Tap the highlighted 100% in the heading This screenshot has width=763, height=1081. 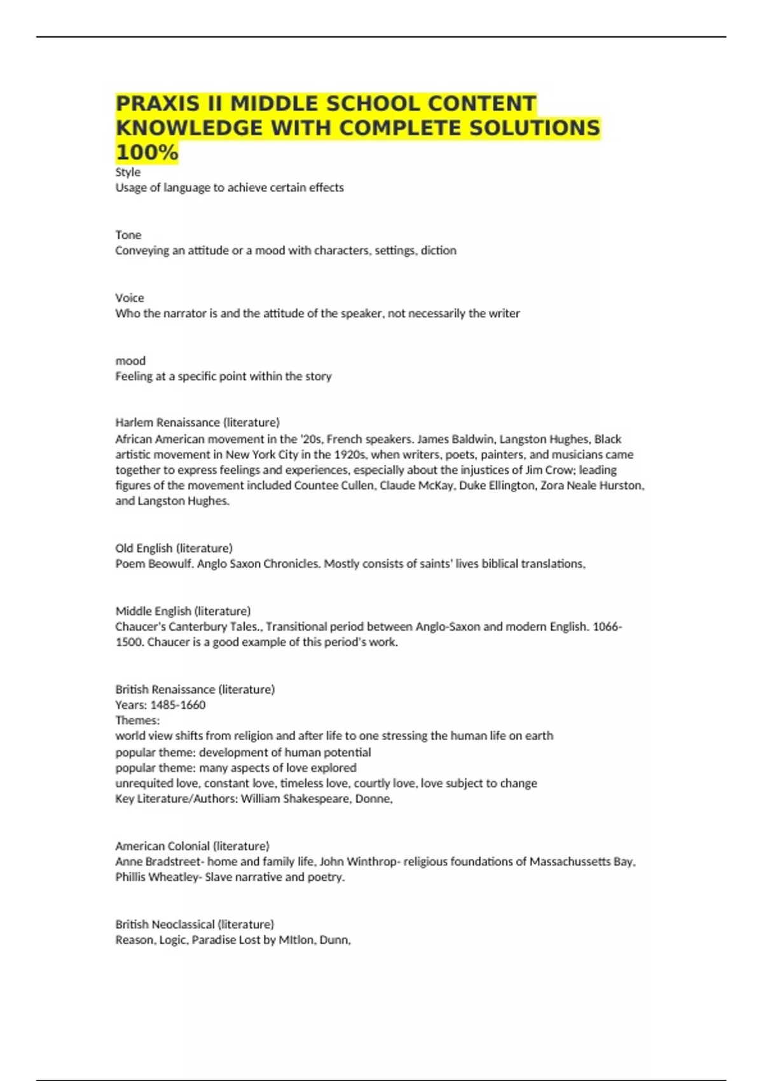coord(147,153)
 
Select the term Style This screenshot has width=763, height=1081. coord(128,172)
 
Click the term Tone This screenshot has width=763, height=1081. coord(128,235)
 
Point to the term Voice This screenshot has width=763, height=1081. coord(130,298)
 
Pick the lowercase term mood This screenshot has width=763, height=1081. coord(130,361)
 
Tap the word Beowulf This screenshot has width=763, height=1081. coord(170,563)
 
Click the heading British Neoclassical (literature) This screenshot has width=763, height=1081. coord(195,924)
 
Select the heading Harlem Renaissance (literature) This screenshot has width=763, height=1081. coord(197,422)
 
